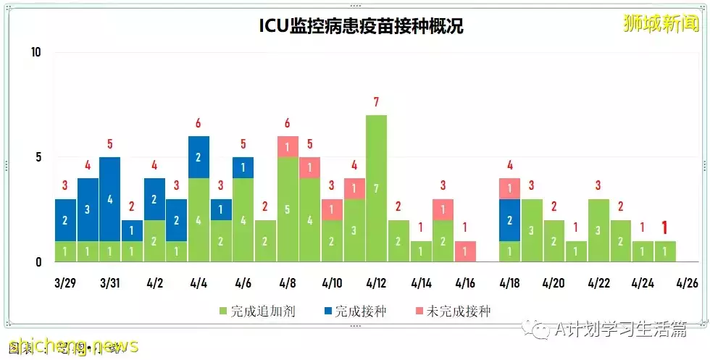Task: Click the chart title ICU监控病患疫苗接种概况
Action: tap(361, 27)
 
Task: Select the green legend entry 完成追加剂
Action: tap(256, 311)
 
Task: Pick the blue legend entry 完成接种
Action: tap(354, 311)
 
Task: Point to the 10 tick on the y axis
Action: tap(36, 52)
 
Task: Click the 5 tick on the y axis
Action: tap(39, 157)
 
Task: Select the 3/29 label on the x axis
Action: tap(66, 282)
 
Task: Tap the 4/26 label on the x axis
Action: tap(687, 282)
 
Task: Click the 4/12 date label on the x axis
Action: tap(376, 282)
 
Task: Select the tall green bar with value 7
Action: tap(376, 188)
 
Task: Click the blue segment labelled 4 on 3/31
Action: tap(110, 198)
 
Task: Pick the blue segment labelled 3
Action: tap(88, 209)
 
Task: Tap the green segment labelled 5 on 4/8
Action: tap(288, 209)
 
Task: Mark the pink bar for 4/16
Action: tap(465, 251)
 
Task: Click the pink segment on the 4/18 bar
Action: tap(509, 188)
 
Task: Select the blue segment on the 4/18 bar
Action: tap(509, 219)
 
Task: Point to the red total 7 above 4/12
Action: tap(376, 103)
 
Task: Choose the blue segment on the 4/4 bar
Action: tap(199, 157)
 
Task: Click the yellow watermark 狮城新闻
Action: tap(661, 23)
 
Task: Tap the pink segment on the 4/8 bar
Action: tap(288, 146)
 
